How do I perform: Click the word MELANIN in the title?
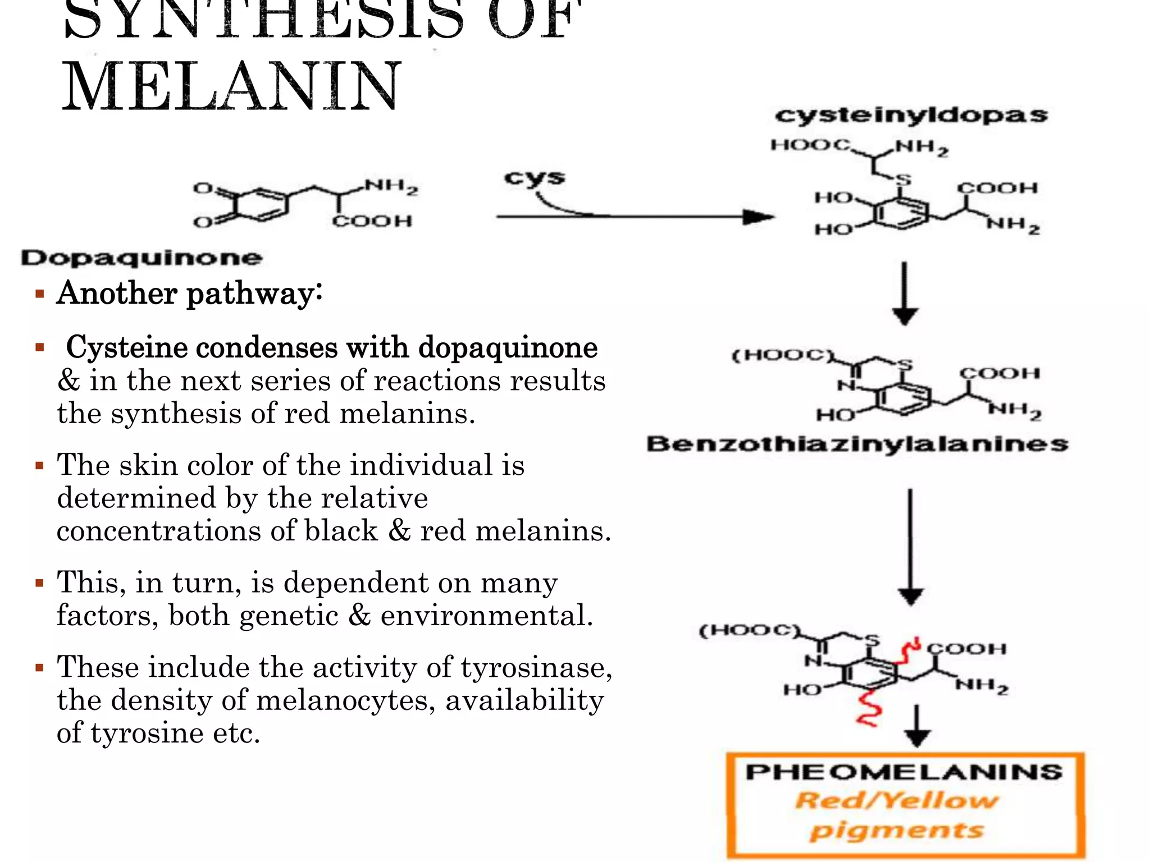230,87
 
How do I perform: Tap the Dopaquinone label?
142,258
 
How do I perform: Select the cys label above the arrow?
534,177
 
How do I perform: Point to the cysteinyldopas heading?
911,115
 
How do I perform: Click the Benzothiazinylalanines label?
857,444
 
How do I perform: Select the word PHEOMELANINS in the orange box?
904,772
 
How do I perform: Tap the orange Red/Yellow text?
897,801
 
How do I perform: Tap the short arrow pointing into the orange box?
917,727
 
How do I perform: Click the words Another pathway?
189,294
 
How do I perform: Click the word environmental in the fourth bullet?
486,616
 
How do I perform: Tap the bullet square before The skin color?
39,465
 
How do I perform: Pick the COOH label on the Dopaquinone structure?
372,221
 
